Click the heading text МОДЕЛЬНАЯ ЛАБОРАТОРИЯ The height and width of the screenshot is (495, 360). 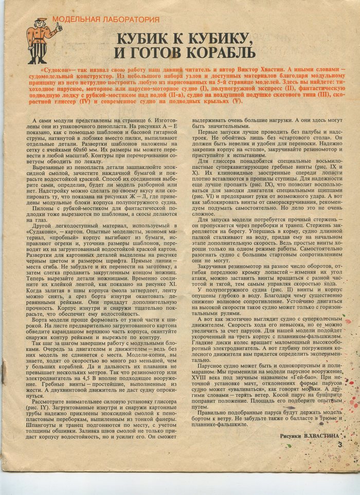pyautogui.click(x=106, y=20)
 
